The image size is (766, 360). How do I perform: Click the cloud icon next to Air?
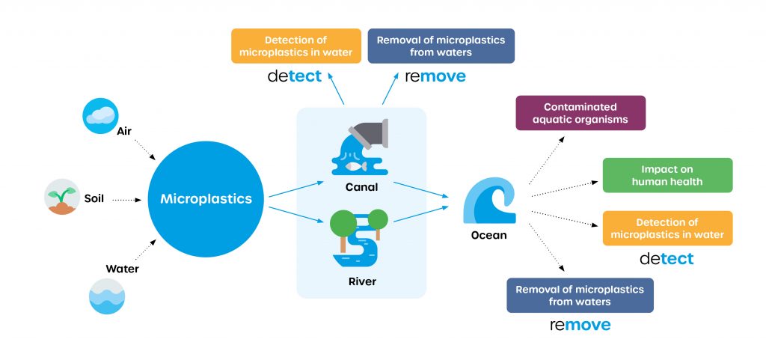click(x=100, y=116)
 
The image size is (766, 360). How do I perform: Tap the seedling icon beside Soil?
click(x=61, y=197)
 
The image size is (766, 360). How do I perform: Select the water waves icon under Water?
click(x=106, y=296)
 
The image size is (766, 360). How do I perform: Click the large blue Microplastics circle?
click(x=205, y=199)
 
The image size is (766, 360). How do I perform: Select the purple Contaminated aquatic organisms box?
click(x=580, y=113)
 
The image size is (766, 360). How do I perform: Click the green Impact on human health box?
click(x=667, y=175)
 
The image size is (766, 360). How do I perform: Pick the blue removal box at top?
click(x=441, y=46)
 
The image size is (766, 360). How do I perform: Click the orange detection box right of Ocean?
click(x=667, y=228)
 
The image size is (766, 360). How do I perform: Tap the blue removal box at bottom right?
click(x=580, y=295)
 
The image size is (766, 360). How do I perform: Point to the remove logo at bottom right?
click(x=580, y=325)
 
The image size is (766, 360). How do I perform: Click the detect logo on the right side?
click(x=667, y=259)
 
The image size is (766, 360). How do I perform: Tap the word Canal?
click(x=361, y=186)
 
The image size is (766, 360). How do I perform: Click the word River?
click(x=361, y=282)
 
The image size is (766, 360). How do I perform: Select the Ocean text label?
click(x=488, y=235)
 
